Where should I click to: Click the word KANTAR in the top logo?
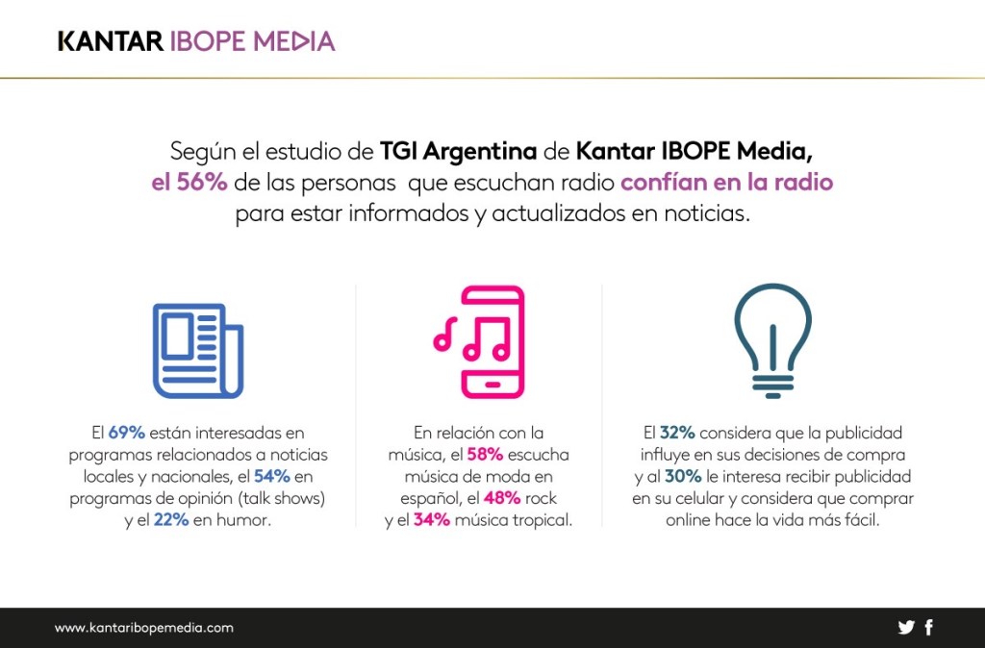pos(109,41)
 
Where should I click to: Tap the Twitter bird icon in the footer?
pos(906,628)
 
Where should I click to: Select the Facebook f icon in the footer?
pos(928,628)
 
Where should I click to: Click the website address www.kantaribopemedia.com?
pos(144,628)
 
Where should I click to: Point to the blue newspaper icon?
pos(198,350)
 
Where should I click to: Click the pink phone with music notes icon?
pos(478,341)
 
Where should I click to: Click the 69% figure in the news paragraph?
pos(126,433)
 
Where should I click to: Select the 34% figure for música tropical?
pos(433,520)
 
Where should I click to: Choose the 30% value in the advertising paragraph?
pos(682,477)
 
